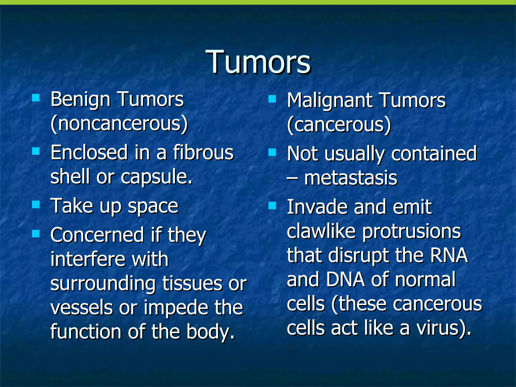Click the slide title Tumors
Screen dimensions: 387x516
(258, 62)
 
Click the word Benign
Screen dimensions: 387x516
(80, 100)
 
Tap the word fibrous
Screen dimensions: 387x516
(203, 153)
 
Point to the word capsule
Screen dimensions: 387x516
(156, 177)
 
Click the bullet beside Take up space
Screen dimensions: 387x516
(36, 205)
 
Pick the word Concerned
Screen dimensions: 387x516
(97, 235)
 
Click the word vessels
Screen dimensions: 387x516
(81, 308)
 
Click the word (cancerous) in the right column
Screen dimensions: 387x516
(339, 125)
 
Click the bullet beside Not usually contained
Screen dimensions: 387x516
(272, 152)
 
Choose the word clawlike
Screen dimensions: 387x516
(321, 231)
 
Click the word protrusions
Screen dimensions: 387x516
(411, 231)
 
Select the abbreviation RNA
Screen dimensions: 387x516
(449, 255)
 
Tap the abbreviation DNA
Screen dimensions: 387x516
(345, 280)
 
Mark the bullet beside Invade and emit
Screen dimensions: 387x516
(272, 206)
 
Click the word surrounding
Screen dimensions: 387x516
(103, 283)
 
